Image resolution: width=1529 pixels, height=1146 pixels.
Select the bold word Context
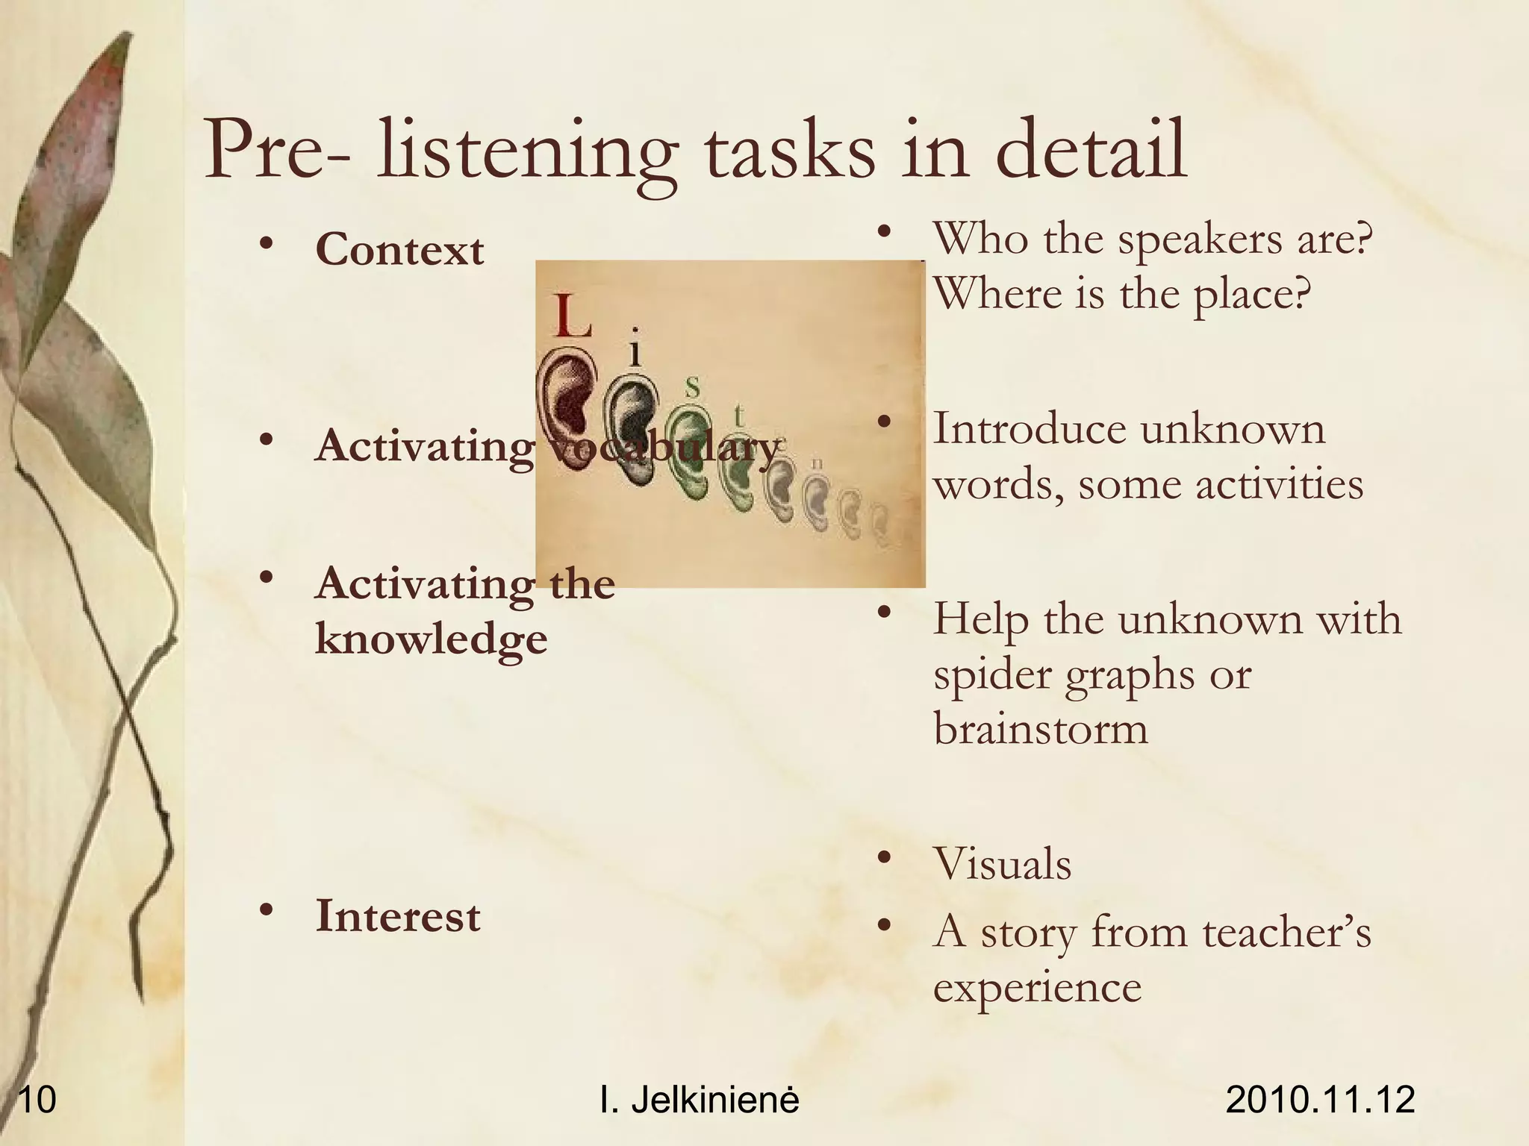click(x=399, y=250)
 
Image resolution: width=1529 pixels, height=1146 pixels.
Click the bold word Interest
click(x=398, y=916)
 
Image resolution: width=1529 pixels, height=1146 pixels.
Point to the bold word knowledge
click(x=432, y=639)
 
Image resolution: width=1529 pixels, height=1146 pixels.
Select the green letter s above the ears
click(x=693, y=386)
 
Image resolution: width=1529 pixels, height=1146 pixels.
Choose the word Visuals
click(x=1002, y=864)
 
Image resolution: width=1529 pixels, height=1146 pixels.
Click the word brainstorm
click(x=1041, y=728)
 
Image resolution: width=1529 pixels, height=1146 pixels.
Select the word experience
click(x=1037, y=987)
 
